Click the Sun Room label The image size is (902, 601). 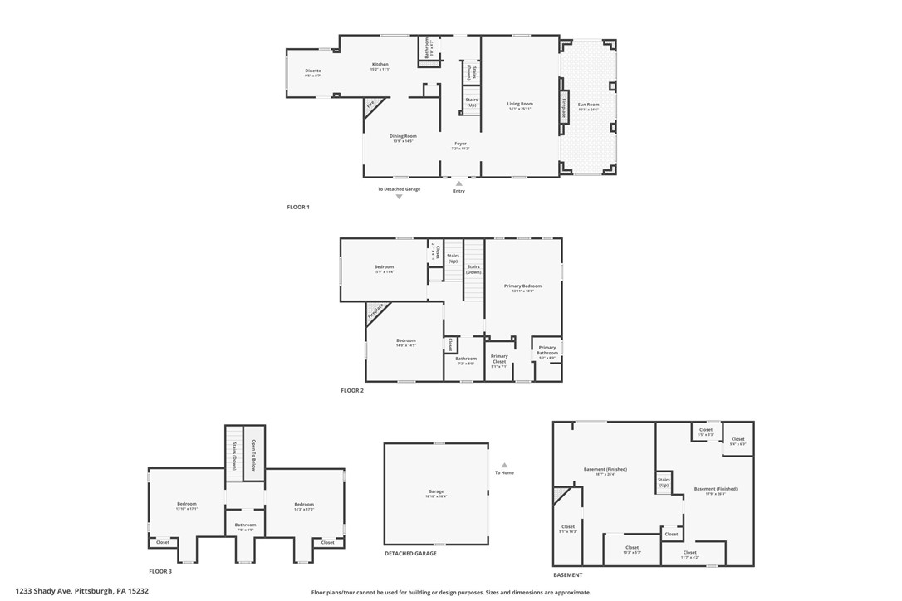point(588,105)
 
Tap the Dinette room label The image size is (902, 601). point(312,71)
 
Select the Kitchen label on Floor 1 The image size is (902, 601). point(380,65)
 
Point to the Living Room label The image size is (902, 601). point(520,105)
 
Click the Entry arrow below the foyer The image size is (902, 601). point(459,183)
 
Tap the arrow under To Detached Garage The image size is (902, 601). point(399,197)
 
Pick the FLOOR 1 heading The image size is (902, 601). point(298,207)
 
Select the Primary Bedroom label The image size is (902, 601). point(522,286)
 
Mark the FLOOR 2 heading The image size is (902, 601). point(352,390)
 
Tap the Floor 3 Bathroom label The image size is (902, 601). point(245,525)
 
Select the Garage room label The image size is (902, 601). point(436,492)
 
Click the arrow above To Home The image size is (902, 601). point(504,466)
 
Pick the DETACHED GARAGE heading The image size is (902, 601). point(410,554)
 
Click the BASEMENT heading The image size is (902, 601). point(568,574)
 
